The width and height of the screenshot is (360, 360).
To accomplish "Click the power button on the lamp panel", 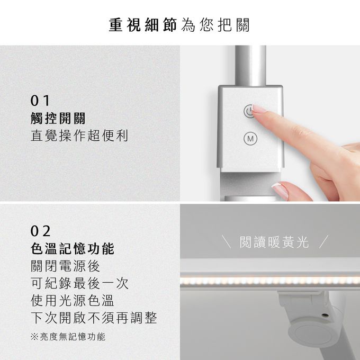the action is tap(249, 111).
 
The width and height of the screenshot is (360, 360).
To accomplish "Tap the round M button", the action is tap(250, 139).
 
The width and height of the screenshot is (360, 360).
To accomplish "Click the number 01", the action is tap(40, 101).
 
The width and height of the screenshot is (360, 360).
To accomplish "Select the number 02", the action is tap(40, 231).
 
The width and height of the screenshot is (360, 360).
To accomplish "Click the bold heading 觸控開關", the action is tap(58, 118).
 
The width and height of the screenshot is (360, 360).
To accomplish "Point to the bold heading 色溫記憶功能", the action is tap(73, 249).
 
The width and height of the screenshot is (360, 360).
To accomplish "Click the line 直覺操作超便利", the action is tap(79, 136).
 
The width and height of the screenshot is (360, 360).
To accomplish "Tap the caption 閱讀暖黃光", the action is tap(274, 242).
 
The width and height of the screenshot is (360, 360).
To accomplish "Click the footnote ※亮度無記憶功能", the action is tap(68, 337).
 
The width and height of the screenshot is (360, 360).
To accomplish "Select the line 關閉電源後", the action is tap(65, 266).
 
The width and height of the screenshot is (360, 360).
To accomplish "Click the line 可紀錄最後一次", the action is tap(79, 283).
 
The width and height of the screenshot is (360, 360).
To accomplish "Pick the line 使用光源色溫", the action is tap(73, 300).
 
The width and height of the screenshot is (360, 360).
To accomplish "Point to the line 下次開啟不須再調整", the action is tap(94, 318).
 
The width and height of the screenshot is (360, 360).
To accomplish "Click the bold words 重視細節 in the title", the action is tap(143, 25).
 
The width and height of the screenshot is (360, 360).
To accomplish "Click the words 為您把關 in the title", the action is tap(215, 25).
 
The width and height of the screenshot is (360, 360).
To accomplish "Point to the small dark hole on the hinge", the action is tap(325, 315).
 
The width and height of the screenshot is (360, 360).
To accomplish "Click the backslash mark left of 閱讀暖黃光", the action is tap(227, 241).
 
